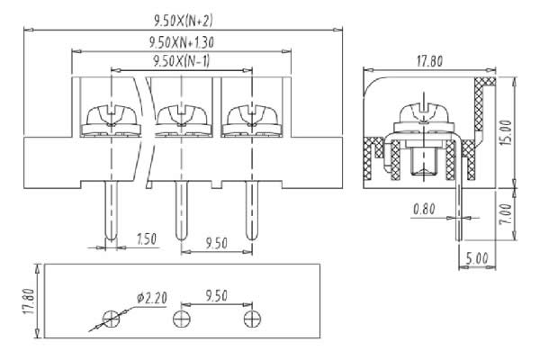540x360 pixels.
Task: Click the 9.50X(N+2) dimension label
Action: coord(183,21)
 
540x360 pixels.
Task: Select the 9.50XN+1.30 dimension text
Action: coord(182,42)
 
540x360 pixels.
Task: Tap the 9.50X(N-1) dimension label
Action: coord(181,61)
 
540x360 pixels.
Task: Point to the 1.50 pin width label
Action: coord(147,239)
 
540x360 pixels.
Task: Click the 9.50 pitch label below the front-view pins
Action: coord(217,244)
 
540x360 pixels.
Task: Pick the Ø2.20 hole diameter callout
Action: coord(152,298)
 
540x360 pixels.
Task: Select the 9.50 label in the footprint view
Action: coord(216,296)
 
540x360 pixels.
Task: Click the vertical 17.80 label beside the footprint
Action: coord(30,301)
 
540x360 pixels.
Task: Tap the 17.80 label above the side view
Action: coord(429,61)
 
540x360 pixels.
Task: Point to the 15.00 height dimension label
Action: coord(506,132)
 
